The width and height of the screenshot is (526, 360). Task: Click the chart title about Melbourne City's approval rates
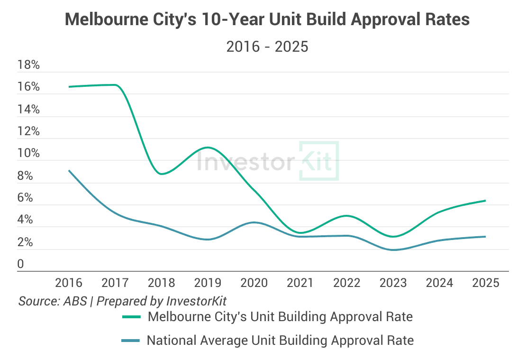click(267, 19)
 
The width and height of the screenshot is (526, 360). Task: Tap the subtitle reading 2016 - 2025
click(267, 46)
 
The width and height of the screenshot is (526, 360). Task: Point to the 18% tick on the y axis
click(28, 65)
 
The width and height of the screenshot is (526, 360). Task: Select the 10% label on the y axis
click(28, 154)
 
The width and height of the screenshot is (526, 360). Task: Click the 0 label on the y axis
click(20, 264)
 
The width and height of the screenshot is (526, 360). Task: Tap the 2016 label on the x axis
click(69, 283)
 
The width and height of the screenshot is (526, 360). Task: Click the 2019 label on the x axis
click(208, 283)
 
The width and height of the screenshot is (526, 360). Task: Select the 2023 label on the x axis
click(393, 283)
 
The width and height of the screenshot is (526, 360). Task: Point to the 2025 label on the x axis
click(486, 283)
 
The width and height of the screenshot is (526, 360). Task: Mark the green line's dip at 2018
click(162, 174)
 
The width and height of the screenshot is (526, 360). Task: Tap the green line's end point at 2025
click(485, 201)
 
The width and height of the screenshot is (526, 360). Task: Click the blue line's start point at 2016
click(69, 171)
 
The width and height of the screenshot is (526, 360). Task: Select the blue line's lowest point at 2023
click(393, 250)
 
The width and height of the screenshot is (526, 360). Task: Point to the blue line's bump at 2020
click(254, 222)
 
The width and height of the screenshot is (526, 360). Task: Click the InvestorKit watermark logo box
click(318, 161)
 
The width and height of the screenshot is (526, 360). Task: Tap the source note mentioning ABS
click(122, 301)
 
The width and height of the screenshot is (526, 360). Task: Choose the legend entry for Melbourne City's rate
click(280, 317)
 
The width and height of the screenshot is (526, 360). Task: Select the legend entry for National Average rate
click(280, 340)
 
